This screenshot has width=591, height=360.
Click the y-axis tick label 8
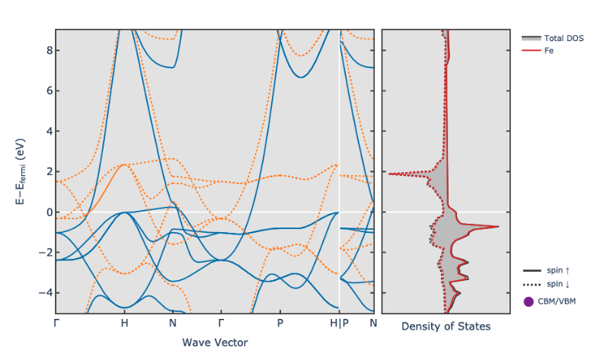point(46,50)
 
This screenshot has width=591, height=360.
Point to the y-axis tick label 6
point(46,91)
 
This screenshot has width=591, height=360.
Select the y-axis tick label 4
point(46,131)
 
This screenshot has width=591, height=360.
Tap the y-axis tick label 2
point(46,171)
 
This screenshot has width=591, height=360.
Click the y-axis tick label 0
point(46,212)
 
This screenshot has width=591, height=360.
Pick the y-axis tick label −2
point(43,252)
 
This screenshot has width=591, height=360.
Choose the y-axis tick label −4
point(43,292)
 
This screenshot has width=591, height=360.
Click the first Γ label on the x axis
point(56,323)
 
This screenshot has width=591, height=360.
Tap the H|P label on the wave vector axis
point(339,323)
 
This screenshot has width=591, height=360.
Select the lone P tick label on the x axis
point(280,323)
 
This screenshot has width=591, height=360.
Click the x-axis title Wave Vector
point(215,342)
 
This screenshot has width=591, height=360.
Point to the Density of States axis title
point(446,327)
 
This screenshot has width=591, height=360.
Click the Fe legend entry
point(548,50)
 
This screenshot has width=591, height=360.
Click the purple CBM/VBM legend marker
point(529,301)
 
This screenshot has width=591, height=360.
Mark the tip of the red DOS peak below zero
point(499,227)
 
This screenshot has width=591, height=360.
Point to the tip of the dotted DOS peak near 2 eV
point(388,174)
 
